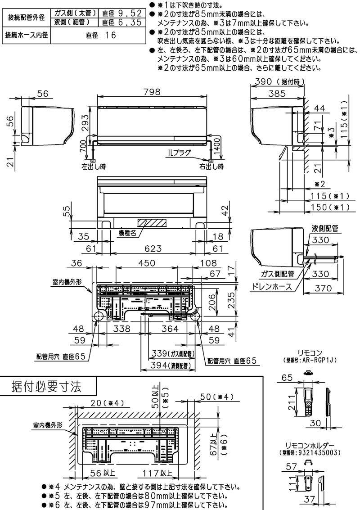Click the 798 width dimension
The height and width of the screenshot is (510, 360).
coord(153,92)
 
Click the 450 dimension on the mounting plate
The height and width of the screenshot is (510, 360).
coord(147,263)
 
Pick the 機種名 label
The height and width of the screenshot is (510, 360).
coord(127,233)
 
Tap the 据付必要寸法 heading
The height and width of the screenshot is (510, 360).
coord(46,386)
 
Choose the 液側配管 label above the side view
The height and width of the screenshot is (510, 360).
coord(325,228)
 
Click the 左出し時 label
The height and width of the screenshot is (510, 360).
coord(94,167)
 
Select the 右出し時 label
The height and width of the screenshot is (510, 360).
coord(211,167)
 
